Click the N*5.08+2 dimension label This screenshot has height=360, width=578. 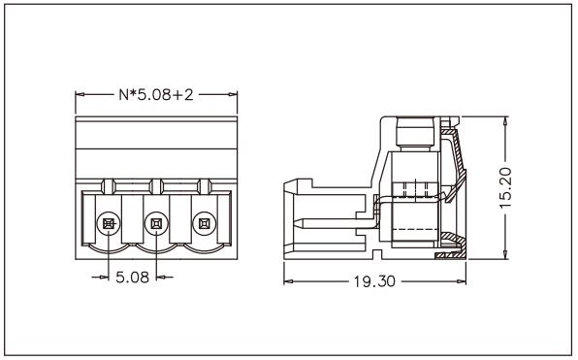coord(156,95)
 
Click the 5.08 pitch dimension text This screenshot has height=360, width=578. coord(132,278)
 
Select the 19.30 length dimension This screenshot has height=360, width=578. coord(374,281)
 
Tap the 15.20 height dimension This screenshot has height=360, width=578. coord(506,187)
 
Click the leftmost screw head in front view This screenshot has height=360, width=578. coord(109,223)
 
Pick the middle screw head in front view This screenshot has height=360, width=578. coord(156,223)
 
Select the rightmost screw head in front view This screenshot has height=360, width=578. coord(205,223)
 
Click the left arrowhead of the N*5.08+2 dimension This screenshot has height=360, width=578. coord(80,94)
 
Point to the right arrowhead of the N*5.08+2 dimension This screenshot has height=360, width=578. coord(233,94)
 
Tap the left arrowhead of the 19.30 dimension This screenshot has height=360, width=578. coord(288,281)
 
